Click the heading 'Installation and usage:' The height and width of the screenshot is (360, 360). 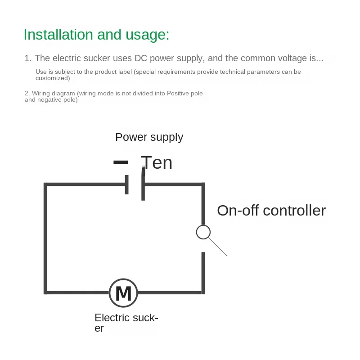[96, 35]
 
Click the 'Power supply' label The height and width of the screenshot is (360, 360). [149, 137]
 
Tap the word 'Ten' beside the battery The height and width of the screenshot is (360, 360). [157, 162]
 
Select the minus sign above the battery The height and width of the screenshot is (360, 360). [121, 162]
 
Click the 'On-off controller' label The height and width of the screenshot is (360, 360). [271, 210]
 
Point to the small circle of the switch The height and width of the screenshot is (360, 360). [203, 232]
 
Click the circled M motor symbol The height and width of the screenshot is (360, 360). [123, 293]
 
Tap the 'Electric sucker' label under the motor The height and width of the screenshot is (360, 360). [126, 323]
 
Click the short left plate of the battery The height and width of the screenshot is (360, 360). [127, 184]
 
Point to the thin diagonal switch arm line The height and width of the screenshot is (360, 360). [218, 247]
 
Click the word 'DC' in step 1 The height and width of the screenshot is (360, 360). [140, 58]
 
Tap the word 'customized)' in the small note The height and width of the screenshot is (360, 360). [53, 78]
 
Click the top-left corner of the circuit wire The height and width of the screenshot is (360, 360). [45, 184]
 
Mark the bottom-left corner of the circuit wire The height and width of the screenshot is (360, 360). [45, 292]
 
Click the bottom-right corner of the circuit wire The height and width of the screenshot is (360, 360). [203, 292]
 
